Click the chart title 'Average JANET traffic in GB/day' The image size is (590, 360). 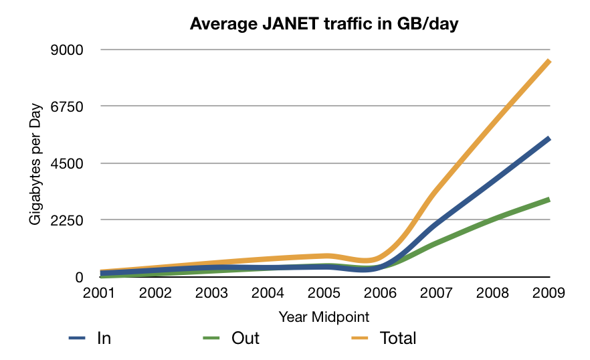pos(324,24)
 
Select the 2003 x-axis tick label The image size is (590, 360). pos(212,293)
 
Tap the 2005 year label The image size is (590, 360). pos(324,293)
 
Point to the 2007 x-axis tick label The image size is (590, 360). pos(437,293)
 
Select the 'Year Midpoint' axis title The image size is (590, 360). pos(324,316)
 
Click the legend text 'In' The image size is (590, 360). pos(104,338)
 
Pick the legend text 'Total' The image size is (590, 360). pos(398,338)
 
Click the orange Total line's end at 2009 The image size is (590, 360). pos(549,61)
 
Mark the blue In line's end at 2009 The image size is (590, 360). pos(549,139)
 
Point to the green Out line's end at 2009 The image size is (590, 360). pos(549,199)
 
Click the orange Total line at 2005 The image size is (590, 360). pos(324,256)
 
